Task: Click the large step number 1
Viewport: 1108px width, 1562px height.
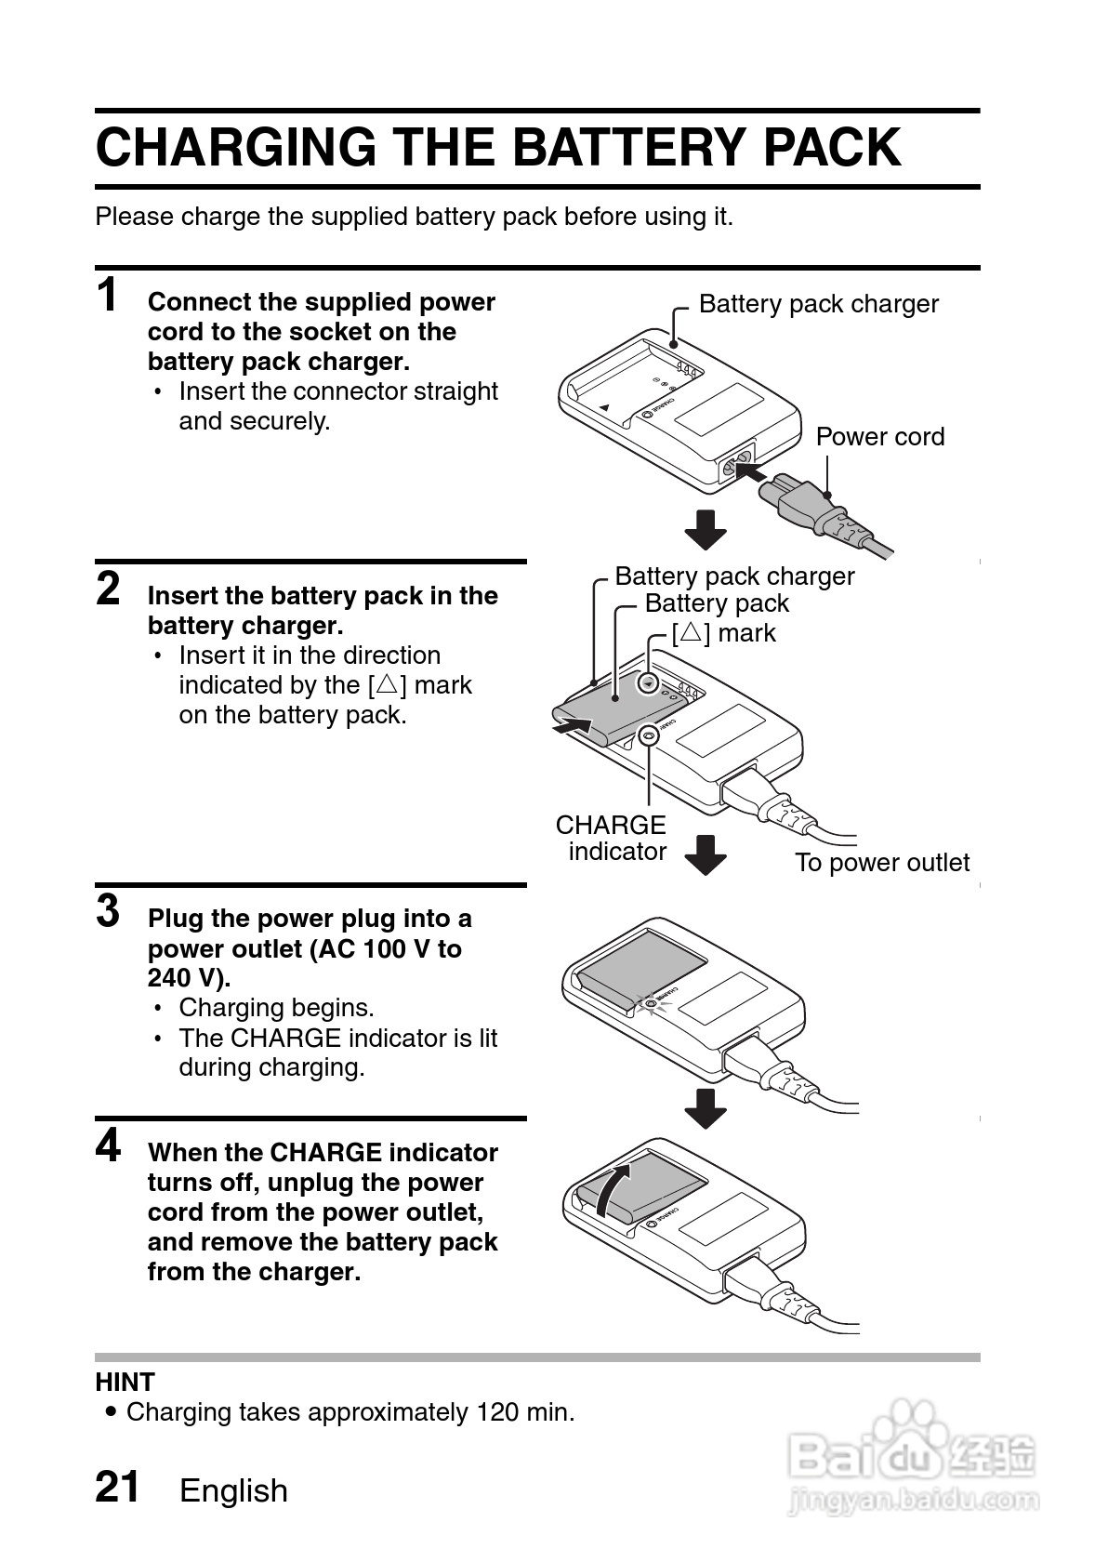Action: click(x=108, y=296)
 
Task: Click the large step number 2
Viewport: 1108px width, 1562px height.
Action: click(x=108, y=589)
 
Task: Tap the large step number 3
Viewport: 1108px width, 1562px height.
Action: click(x=108, y=911)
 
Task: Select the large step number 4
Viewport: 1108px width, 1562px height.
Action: click(x=108, y=1145)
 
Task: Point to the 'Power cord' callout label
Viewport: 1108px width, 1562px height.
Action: click(x=879, y=437)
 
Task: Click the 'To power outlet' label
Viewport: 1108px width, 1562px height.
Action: click(x=881, y=863)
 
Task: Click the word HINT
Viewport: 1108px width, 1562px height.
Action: click(x=125, y=1383)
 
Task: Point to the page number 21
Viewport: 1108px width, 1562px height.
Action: click(x=117, y=1487)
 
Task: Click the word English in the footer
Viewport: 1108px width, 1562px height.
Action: click(x=233, y=1490)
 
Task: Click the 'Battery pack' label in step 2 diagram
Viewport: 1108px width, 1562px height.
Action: click(x=716, y=603)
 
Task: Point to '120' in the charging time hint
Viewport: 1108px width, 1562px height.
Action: click(x=497, y=1412)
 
